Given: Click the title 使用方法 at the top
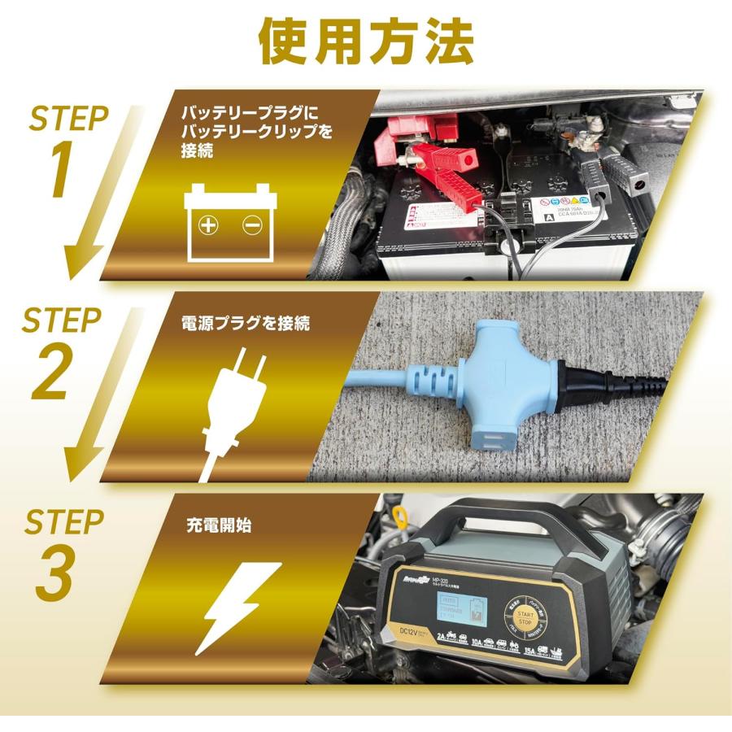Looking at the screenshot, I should pyautogui.click(x=365, y=39).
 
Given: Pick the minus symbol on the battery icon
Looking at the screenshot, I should pyautogui.click(x=251, y=225).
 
